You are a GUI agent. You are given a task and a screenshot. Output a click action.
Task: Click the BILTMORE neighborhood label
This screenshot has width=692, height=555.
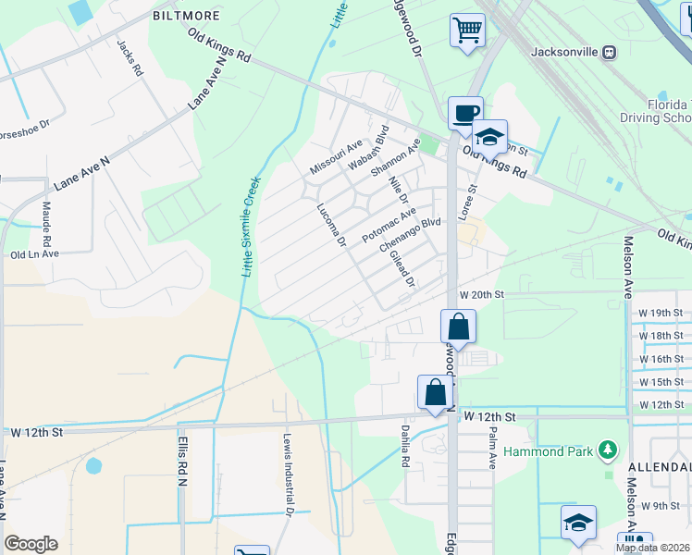click(x=186, y=17)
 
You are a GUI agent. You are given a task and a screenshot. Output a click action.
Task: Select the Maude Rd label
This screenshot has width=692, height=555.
click(x=45, y=222)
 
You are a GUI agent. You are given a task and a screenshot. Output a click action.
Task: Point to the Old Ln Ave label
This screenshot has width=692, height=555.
click(x=34, y=253)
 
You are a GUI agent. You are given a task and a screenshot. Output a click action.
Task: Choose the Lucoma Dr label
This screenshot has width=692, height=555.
click(x=330, y=226)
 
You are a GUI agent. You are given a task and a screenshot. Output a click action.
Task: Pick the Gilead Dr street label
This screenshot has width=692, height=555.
click(x=402, y=268)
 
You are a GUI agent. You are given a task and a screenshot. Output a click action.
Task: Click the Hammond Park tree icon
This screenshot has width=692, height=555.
click(x=607, y=450)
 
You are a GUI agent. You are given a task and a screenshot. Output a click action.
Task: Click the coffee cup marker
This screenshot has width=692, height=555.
click(x=465, y=113)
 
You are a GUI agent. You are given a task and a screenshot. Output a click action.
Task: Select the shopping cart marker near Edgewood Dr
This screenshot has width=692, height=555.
click(x=467, y=30)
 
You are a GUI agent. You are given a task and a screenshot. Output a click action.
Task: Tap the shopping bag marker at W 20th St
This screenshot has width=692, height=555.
click(x=458, y=326)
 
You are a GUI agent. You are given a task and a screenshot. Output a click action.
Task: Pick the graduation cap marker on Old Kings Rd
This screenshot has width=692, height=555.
click(x=489, y=137)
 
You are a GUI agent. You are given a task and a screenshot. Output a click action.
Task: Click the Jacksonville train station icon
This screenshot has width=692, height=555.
click(x=609, y=52)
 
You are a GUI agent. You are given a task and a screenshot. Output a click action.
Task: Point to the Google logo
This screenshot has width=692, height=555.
click(x=31, y=544)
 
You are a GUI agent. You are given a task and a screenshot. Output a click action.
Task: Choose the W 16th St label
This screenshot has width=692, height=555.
click(x=661, y=359)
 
